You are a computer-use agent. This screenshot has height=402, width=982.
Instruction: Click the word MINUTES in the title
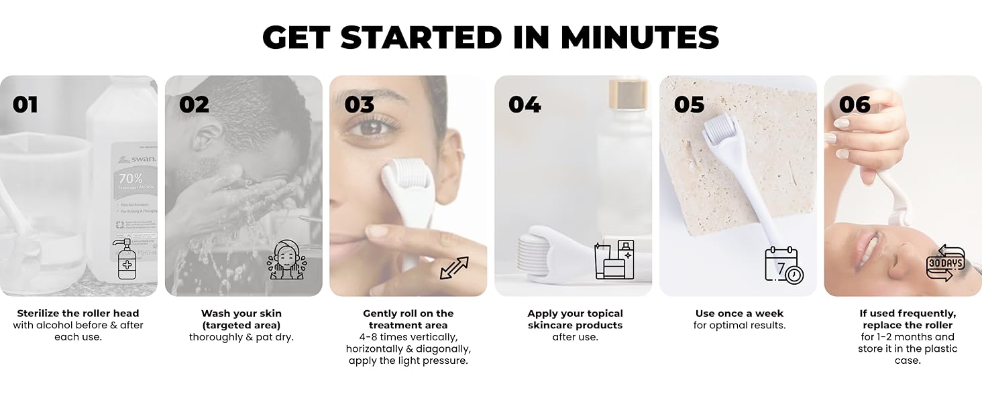(x=640, y=37)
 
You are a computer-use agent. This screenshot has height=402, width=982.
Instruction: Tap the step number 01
(x=25, y=105)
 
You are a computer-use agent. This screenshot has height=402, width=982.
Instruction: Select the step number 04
(x=525, y=105)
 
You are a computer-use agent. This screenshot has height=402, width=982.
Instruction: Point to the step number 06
(x=855, y=105)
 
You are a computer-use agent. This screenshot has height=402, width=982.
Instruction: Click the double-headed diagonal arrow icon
(x=454, y=268)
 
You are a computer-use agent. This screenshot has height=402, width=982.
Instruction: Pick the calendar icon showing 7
(x=784, y=265)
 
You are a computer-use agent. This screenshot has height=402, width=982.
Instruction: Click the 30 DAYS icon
(x=946, y=263)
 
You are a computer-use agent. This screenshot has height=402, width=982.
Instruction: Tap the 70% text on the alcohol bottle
(x=130, y=179)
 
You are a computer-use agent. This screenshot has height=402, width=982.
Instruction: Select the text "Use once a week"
(x=739, y=314)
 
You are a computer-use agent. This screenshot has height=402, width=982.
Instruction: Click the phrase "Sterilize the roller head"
(x=78, y=314)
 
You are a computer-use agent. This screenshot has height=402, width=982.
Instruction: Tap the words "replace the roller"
(x=908, y=326)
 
